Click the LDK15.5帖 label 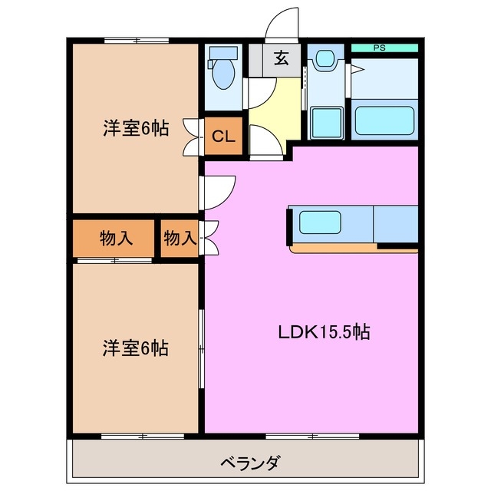tap(325, 332)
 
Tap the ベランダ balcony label tap(250, 463)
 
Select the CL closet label tap(223, 137)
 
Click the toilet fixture tap(224, 69)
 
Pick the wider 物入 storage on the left tap(116, 239)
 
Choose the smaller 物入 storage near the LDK tap(180, 239)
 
